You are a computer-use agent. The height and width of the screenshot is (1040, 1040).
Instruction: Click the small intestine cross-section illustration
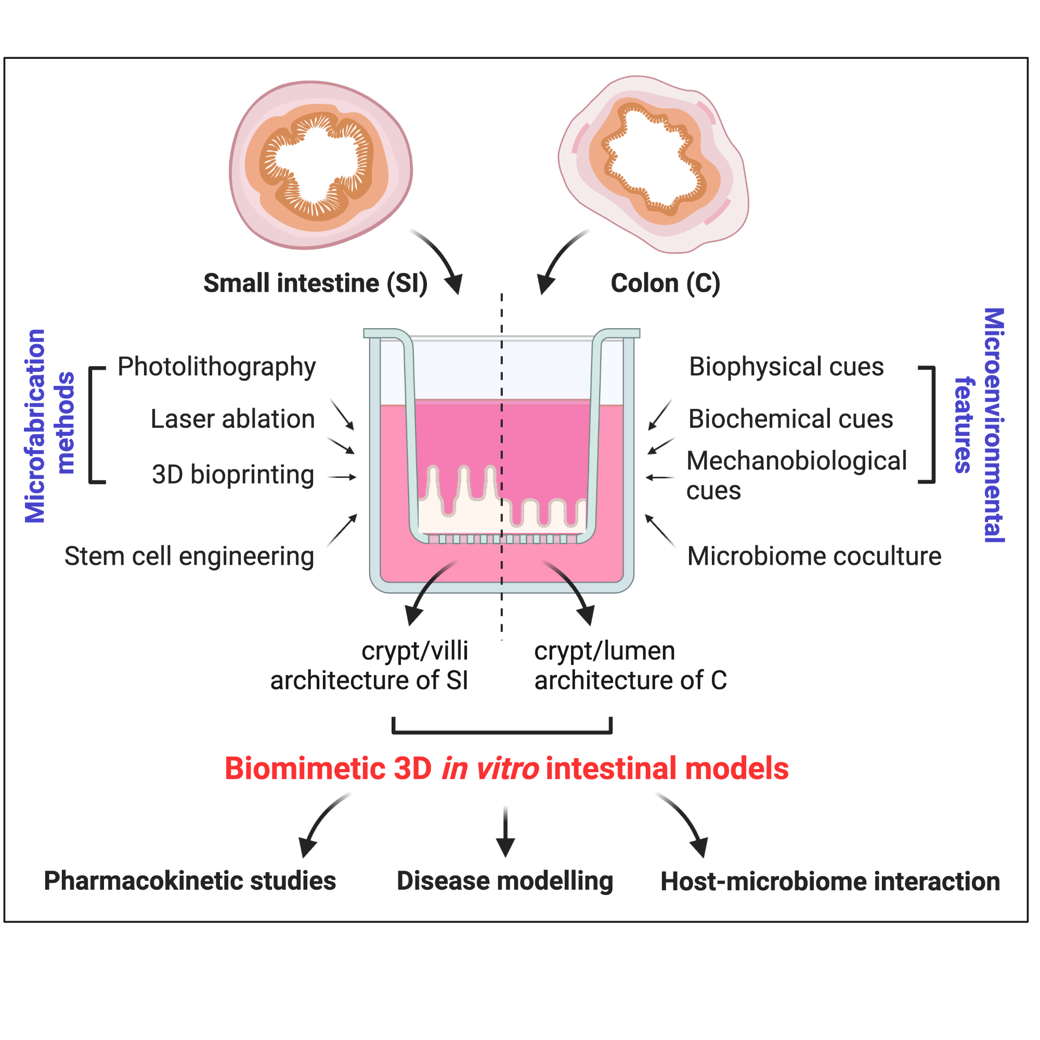coord(321,165)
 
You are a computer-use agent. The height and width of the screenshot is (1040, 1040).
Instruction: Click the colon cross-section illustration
coord(654,164)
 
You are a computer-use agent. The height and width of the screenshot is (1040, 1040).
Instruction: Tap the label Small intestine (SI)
coord(316,284)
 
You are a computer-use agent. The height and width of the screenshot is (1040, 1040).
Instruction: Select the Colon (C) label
coord(666,284)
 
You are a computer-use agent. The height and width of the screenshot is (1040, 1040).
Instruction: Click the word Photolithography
coord(216,368)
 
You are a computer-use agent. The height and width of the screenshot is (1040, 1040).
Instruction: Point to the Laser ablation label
coord(232,419)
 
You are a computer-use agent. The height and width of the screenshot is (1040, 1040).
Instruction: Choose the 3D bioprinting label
coord(232,475)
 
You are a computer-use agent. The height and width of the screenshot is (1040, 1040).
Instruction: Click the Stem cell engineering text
coord(189,556)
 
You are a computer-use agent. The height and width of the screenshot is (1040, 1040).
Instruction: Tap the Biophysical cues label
coord(786,367)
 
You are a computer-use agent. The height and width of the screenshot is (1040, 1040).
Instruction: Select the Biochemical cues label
coord(791,419)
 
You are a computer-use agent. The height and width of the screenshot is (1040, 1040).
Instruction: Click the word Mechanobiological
coord(797,461)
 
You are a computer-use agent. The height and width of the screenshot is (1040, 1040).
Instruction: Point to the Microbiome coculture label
coord(814,556)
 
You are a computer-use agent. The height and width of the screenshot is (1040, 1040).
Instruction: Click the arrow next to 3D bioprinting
coord(342,477)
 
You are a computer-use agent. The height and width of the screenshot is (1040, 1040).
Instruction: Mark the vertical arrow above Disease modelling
coord(505,831)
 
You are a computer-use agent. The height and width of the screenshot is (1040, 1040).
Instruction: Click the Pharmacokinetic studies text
coord(189,881)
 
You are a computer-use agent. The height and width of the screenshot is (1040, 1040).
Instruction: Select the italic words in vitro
coord(490,769)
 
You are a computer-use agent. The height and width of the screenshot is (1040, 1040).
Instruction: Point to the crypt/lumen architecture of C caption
coord(630,666)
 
